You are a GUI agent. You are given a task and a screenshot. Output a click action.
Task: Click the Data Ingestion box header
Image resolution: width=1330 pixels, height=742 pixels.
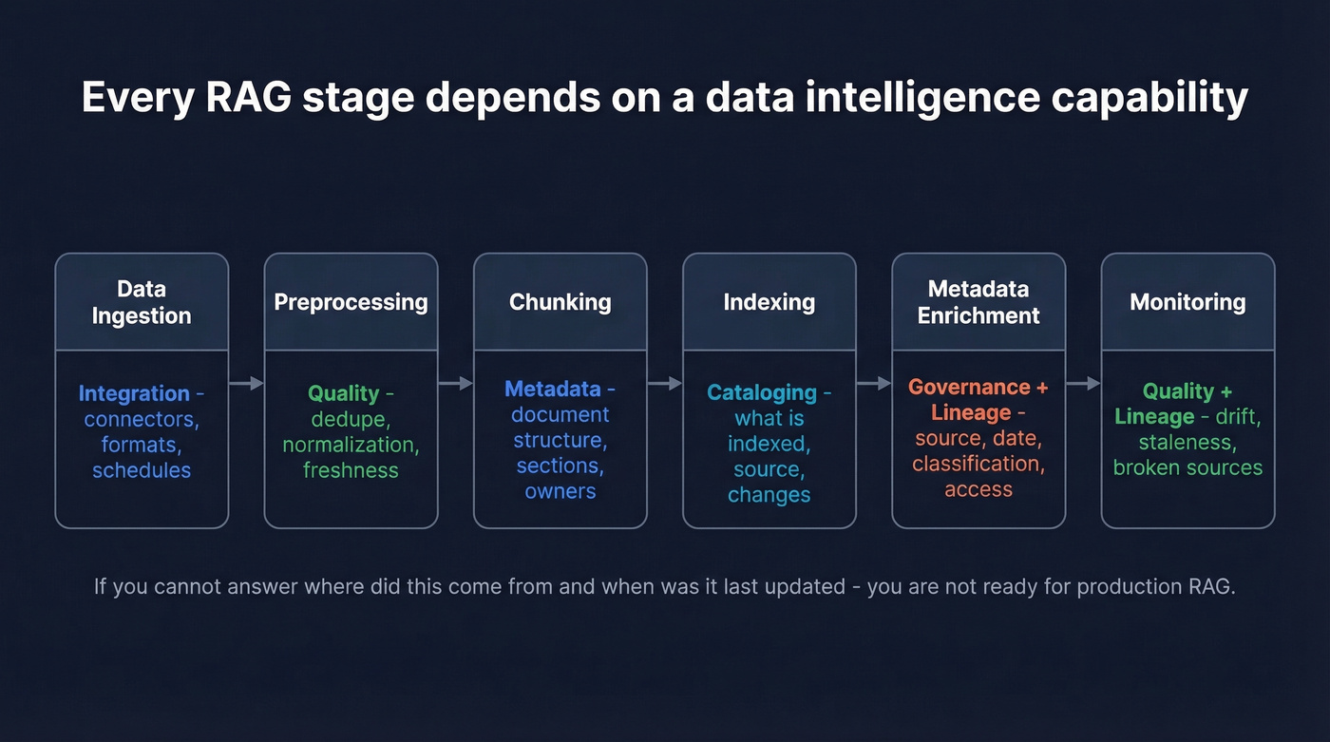(x=142, y=302)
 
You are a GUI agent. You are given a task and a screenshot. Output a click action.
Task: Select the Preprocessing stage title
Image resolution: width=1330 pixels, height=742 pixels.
(x=351, y=302)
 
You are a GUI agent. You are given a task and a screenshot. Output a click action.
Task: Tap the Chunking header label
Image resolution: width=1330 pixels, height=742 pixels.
(x=560, y=302)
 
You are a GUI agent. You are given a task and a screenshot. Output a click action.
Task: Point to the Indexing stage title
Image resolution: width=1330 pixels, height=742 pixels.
(x=769, y=302)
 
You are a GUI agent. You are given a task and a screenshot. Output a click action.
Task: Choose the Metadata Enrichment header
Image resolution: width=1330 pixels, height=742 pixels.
(x=978, y=302)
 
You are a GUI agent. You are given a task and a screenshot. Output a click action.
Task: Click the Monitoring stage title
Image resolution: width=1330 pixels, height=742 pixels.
(x=1187, y=302)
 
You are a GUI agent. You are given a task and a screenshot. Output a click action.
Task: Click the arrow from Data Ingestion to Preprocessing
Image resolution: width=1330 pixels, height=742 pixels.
(x=246, y=384)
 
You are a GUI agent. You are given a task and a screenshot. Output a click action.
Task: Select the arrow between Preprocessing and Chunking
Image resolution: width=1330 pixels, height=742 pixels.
(x=455, y=384)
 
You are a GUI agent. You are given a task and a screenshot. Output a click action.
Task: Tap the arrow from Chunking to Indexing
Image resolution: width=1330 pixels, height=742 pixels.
(x=664, y=384)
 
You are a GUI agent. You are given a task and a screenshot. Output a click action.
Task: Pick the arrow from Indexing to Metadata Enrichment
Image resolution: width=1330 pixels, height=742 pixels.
(x=874, y=384)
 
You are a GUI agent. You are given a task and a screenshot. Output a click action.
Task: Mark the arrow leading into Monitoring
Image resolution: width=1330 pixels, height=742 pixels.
(x=1083, y=384)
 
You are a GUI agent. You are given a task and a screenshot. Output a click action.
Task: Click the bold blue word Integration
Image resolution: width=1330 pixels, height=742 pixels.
(x=134, y=393)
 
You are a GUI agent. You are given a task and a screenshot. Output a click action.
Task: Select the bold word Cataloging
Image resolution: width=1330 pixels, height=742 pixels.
(x=761, y=392)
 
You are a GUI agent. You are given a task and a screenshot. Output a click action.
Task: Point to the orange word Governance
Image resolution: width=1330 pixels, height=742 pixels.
(x=969, y=388)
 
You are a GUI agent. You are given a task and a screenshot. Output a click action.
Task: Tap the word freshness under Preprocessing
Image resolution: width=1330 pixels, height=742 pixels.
(x=351, y=470)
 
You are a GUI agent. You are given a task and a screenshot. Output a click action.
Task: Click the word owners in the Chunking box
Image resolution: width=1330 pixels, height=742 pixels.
(x=560, y=491)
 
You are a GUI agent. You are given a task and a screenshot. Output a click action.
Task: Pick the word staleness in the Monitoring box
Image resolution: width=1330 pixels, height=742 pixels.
(x=1187, y=442)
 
